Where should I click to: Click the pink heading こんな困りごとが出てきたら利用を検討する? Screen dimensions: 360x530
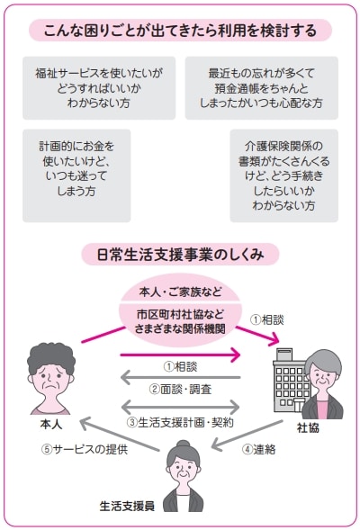tap(180, 31)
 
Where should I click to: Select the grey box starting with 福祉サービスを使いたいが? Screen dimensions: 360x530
tap(99, 88)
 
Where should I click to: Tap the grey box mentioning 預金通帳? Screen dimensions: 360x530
tap(261, 88)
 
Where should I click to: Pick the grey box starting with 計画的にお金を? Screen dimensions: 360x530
tap(76, 175)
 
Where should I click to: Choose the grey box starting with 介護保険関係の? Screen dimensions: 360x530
tap(283, 175)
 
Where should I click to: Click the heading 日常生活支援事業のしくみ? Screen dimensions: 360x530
tap(180, 254)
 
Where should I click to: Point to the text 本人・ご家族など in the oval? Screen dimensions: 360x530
tap(181, 292)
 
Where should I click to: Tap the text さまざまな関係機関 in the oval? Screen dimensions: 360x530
tap(180, 328)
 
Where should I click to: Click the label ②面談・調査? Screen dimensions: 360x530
tap(180, 390)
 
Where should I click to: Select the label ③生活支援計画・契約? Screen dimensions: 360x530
tap(180, 422)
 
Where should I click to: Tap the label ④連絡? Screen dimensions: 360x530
tap(259, 449)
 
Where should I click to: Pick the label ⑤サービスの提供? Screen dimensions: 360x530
tap(85, 449)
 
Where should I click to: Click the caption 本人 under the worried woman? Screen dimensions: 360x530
tap(51, 425)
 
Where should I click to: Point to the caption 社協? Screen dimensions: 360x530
tap(308, 428)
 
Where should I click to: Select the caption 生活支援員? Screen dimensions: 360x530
tap(128, 506)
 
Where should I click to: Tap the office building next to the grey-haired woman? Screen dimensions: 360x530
tap(290, 381)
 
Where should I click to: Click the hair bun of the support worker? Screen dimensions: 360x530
tap(184, 445)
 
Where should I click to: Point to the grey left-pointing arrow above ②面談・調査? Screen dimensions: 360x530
tap(180, 378)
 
